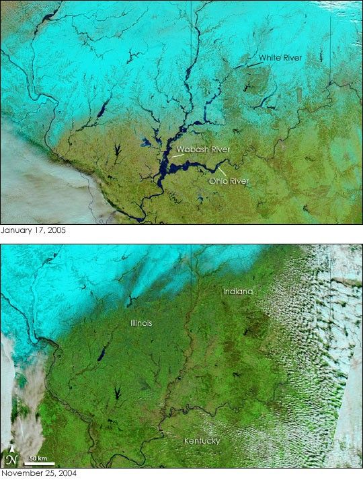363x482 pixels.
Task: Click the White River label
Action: click(x=280, y=59)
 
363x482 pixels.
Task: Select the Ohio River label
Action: click(x=226, y=180)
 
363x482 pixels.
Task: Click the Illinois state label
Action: click(x=141, y=323)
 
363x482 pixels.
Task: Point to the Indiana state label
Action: click(x=238, y=291)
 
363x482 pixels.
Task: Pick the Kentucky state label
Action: click(x=202, y=441)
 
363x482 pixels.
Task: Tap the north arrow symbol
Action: click(x=11, y=458)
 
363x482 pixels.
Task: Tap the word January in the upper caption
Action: click(x=15, y=230)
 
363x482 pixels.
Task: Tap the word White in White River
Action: click(x=270, y=59)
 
